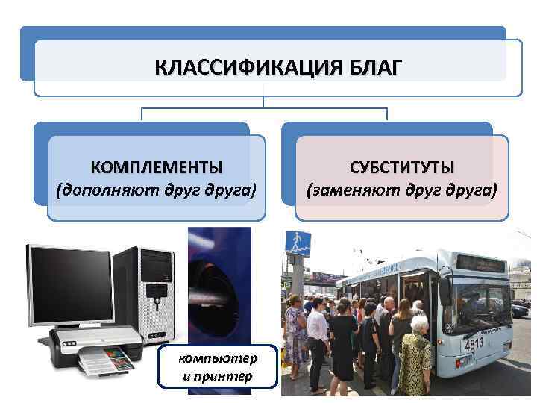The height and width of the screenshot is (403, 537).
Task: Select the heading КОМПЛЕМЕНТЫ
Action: coord(157,166)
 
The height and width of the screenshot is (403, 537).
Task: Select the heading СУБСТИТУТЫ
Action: coord(402,166)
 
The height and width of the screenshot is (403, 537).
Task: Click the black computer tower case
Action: coord(152,291)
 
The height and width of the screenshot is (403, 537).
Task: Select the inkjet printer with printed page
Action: coord(93,351)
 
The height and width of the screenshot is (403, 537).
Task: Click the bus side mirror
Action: coord(446,293)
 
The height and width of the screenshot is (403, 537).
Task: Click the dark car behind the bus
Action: coord(520,310)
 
